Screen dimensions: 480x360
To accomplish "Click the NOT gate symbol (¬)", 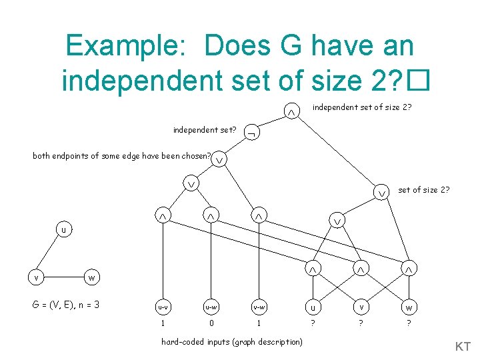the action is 251,131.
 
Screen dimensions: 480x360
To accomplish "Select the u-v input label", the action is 162,307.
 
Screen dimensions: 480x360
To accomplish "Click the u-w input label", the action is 211,307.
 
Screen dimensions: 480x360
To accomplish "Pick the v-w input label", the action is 259,307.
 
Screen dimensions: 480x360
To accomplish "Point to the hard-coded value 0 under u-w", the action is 211,325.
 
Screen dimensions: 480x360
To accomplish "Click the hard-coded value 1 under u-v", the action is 162,325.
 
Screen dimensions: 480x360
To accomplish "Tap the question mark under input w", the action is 409,325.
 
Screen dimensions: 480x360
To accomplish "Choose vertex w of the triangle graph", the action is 91,277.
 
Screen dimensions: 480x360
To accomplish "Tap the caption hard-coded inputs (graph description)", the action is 231,342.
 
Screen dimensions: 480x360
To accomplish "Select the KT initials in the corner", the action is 463,347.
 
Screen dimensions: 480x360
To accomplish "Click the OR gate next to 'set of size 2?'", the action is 382,192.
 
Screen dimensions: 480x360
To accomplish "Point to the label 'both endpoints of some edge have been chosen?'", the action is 122,156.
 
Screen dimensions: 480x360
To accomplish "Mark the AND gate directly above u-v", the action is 162,217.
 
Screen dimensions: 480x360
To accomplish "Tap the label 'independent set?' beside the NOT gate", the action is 204,129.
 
